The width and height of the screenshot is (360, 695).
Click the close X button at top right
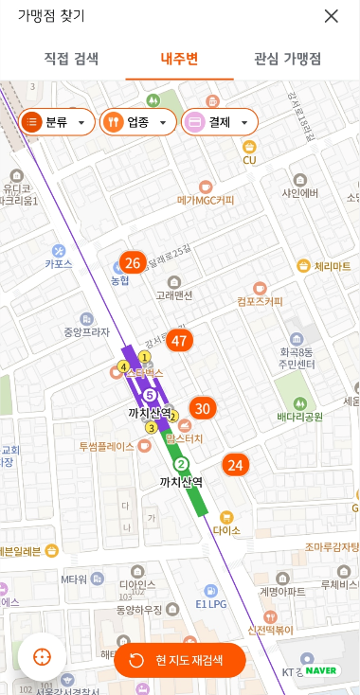click(331, 16)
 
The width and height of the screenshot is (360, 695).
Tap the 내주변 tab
click(179, 59)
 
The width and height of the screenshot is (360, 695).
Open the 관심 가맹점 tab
click(287, 59)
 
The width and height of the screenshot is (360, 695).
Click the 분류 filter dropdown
click(56, 122)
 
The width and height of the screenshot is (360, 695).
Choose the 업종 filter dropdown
click(137, 122)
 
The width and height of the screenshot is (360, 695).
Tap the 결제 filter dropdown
click(219, 122)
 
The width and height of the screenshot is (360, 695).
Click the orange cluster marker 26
click(133, 263)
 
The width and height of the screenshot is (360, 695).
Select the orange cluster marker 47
click(179, 341)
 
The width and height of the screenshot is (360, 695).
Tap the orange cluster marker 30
click(202, 409)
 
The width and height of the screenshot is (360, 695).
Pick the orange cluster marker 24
click(235, 465)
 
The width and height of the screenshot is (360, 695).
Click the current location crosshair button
click(42, 657)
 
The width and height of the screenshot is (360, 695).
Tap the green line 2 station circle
click(181, 464)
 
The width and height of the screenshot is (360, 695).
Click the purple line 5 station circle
click(150, 394)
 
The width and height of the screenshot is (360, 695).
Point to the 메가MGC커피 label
click(206, 200)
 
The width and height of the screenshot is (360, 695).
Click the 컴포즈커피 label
click(260, 301)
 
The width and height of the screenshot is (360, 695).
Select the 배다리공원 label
click(299, 416)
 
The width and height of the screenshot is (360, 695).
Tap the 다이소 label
click(226, 530)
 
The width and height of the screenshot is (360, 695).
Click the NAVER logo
click(321, 670)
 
